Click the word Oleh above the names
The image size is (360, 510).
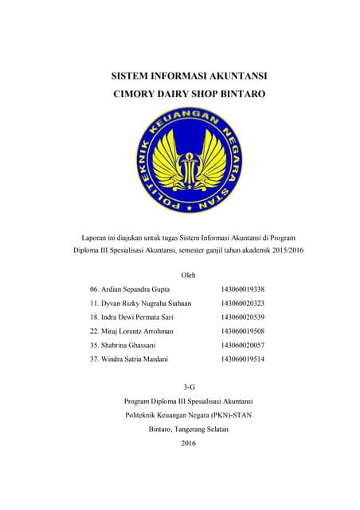pos(189,274)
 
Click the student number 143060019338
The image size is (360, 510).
pos(242,288)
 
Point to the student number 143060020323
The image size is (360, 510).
pos(242,303)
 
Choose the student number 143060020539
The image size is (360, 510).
pos(242,317)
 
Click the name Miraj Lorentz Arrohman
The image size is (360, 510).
pos(132,331)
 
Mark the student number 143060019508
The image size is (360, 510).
pos(242,331)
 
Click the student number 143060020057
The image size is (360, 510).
pos(242,345)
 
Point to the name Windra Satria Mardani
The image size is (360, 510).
pos(133,359)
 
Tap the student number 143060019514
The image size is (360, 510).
pos(242,359)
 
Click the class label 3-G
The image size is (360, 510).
pos(189,386)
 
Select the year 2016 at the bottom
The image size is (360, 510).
pos(189,443)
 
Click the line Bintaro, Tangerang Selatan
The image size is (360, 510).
pos(189,429)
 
